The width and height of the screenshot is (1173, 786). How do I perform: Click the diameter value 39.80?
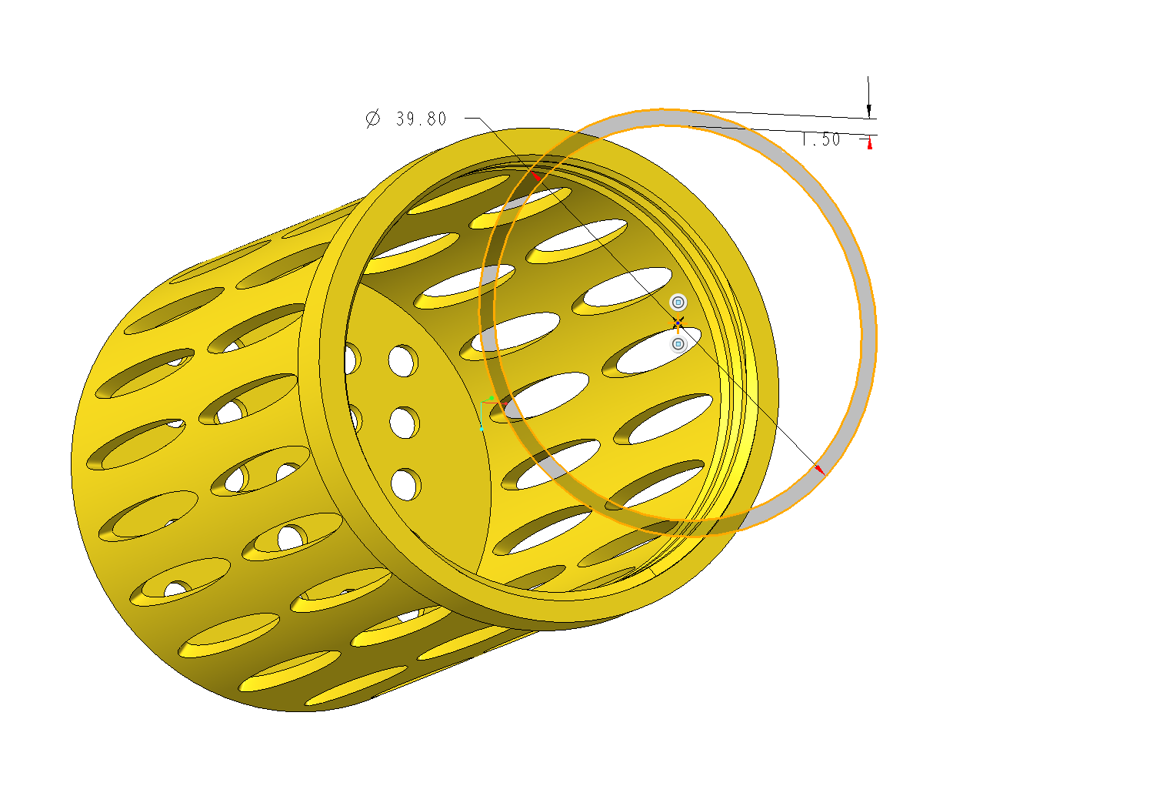coord(421,119)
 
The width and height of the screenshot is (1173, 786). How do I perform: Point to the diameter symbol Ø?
coord(373,119)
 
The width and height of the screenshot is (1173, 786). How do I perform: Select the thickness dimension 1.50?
coord(821,139)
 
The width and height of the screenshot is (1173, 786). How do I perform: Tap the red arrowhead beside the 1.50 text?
coord(870,143)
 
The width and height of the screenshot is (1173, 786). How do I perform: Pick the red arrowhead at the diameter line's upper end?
coord(535,176)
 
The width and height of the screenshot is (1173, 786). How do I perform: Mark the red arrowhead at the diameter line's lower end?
coord(819,470)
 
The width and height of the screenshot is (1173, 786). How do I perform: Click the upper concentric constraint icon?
coord(678,303)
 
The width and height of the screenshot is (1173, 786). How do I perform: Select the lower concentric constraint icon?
coord(678,344)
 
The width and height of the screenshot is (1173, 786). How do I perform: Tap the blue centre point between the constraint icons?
coord(678,323)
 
